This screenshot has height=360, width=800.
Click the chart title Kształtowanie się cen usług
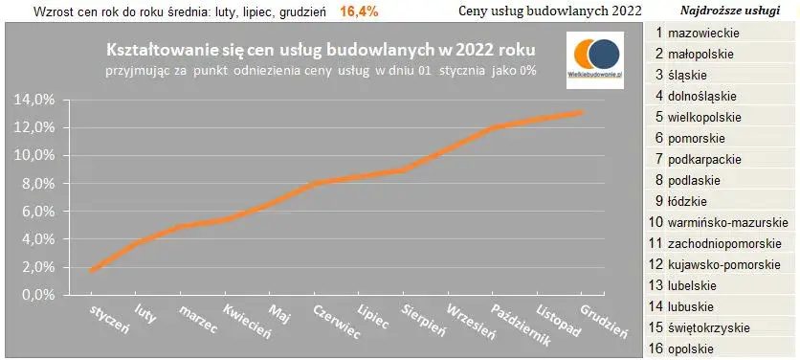click(320, 49)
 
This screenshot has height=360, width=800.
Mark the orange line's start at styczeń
click(91, 271)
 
